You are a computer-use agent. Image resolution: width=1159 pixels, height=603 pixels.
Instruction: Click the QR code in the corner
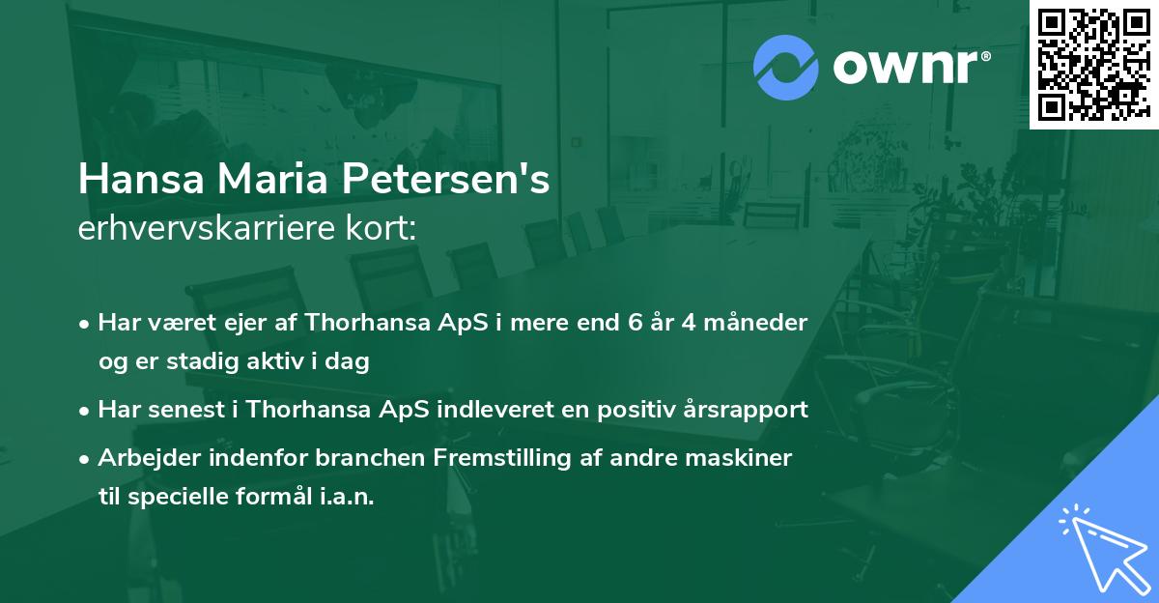pos(1093,63)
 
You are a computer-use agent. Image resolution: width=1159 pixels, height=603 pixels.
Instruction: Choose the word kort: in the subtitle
pos(382,229)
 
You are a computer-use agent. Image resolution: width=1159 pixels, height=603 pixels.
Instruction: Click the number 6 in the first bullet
pos(636,323)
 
